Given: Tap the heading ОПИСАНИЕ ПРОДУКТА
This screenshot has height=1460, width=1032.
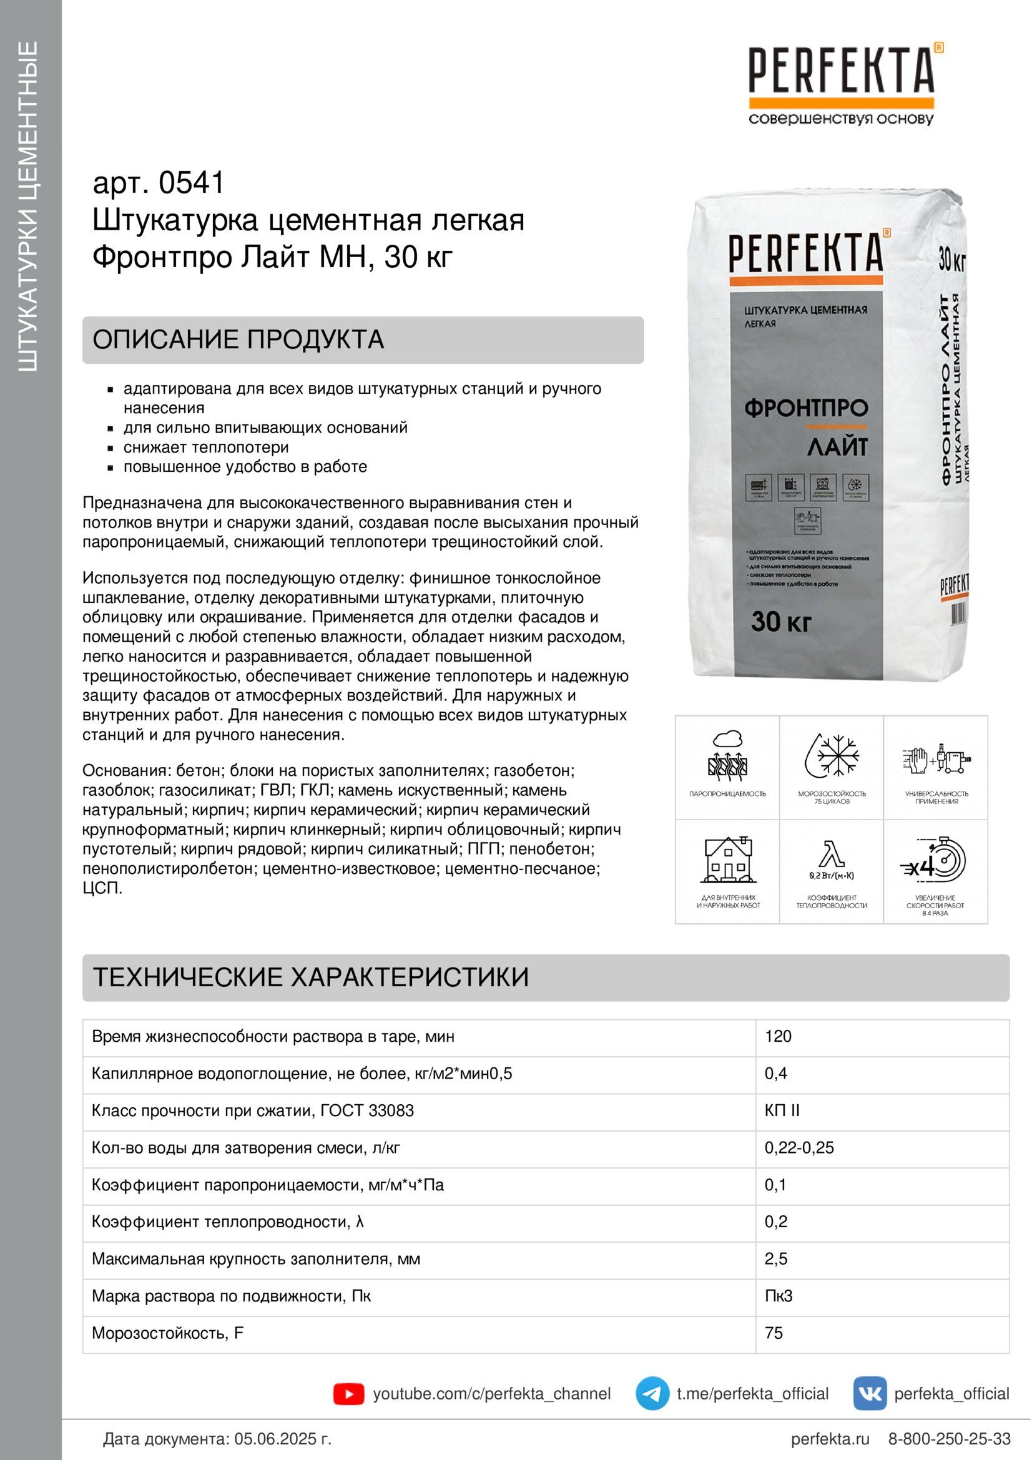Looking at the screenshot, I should (238, 340).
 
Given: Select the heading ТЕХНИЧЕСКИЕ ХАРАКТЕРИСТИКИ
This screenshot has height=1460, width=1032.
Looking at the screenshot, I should (311, 977).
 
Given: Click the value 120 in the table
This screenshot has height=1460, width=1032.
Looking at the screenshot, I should (778, 1037).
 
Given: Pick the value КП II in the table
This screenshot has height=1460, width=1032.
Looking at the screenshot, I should (782, 1110).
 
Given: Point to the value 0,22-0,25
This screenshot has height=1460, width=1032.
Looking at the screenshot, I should (799, 1148).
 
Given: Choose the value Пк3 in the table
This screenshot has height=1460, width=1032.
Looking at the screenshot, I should (779, 1296).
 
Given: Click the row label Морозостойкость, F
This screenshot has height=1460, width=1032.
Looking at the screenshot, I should (167, 1333).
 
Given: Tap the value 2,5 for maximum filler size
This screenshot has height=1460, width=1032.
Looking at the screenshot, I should (776, 1258).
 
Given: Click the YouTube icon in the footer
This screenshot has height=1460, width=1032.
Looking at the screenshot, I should (348, 1394).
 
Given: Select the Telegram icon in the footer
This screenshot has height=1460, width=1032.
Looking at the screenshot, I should (652, 1393).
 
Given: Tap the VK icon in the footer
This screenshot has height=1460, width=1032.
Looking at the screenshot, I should (869, 1393).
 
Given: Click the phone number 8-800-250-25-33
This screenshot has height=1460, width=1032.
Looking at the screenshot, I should (949, 1439).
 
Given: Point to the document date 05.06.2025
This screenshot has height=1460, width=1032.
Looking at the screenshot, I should (282, 1439).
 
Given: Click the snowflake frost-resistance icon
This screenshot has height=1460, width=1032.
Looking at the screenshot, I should (832, 757).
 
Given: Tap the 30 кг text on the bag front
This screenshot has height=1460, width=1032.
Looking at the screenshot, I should (781, 621).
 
